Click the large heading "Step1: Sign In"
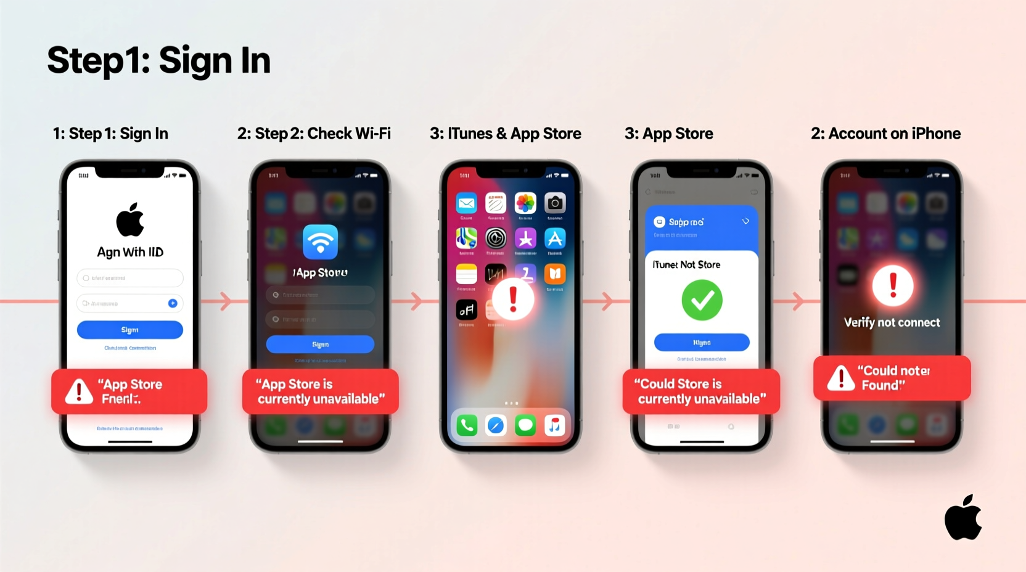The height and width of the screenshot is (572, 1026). [159, 60]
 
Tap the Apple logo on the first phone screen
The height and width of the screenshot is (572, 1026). [130, 220]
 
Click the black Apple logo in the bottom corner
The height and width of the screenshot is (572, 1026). [963, 518]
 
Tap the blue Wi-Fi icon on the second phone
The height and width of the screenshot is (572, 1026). [320, 242]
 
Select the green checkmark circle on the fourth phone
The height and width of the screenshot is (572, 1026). [702, 300]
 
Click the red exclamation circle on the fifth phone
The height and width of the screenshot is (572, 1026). [892, 286]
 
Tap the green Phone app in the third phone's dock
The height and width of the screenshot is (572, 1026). [467, 425]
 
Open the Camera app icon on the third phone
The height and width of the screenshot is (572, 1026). [555, 203]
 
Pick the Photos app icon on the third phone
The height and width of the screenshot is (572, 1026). [525, 203]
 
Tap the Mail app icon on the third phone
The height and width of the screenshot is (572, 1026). [467, 203]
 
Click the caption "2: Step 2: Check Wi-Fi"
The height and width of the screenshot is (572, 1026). [314, 134]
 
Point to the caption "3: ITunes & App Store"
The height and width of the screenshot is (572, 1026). [505, 134]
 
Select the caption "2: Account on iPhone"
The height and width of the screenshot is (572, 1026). [885, 134]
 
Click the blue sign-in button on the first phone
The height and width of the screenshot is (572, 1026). [129, 330]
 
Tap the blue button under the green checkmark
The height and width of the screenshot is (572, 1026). [702, 342]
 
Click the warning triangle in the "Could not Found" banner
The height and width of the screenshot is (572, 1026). [840, 378]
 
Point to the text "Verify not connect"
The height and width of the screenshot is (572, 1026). [892, 322]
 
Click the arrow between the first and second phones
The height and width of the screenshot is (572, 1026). [226, 301]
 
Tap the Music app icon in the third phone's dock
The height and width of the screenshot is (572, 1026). [555, 425]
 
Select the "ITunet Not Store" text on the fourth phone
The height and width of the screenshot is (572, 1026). [686, 264]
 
